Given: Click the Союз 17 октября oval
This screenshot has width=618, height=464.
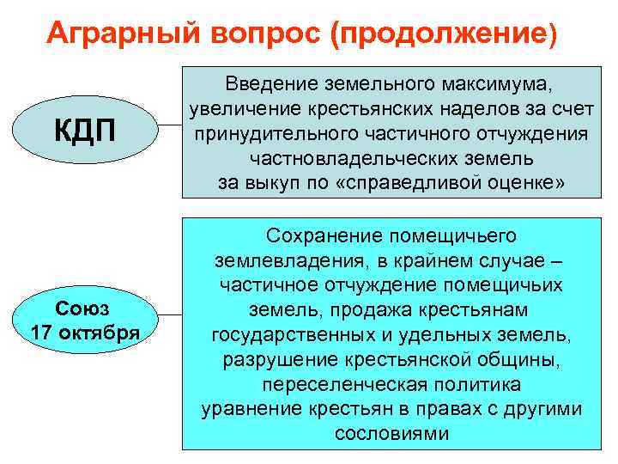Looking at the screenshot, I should click(85, 320).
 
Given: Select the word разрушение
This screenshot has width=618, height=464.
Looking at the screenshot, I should click(275, 358).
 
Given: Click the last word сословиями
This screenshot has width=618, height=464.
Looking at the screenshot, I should click(391, 433).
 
